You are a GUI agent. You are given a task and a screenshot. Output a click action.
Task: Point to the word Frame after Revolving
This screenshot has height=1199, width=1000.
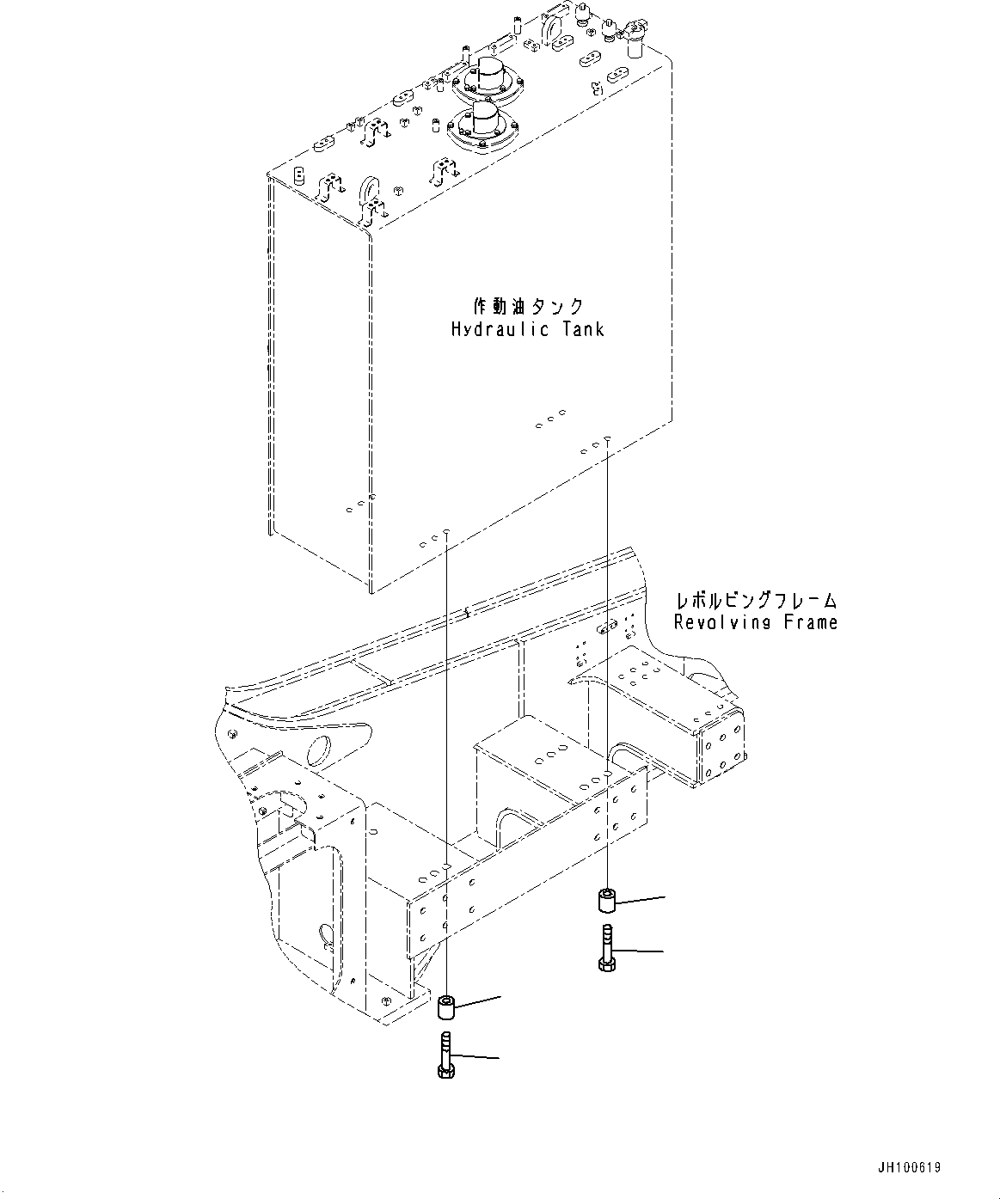(810, 622)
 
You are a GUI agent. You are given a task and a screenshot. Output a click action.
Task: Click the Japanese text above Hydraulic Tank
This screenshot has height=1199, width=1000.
(528, 307)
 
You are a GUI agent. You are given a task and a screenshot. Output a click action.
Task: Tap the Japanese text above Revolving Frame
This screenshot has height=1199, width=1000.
(756, 601)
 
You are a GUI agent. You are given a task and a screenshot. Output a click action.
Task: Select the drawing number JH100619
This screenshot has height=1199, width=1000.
(910, 1168)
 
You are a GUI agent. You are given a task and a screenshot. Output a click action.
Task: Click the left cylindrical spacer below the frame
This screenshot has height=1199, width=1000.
(446, 1005)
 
